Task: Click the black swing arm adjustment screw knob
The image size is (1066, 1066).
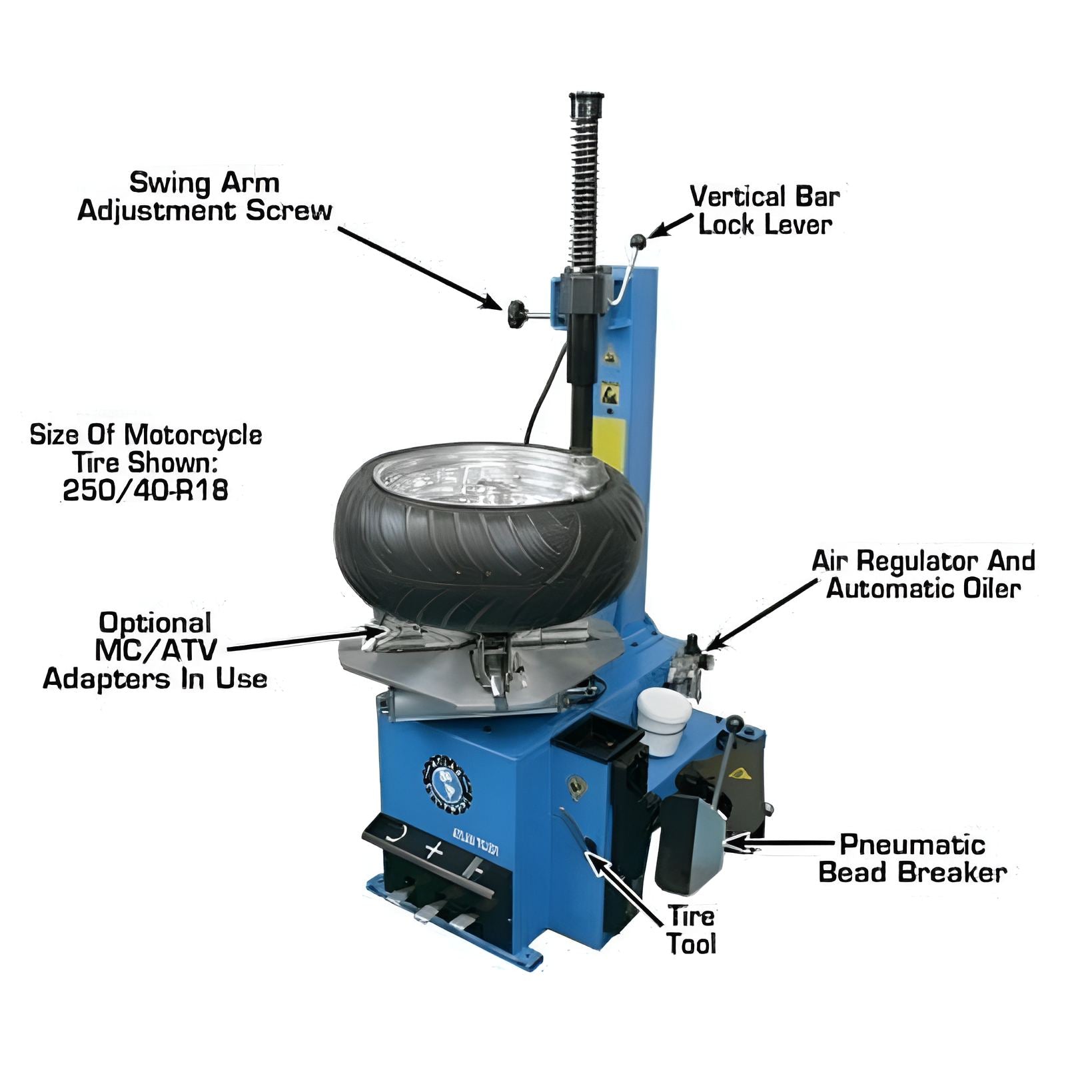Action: point(516,314)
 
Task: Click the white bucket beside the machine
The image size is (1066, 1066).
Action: point(664,720)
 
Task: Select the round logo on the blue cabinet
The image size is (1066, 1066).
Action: point(446,784)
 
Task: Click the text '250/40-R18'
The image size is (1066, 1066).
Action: point(145,490)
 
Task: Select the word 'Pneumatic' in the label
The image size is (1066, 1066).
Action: point(912,845)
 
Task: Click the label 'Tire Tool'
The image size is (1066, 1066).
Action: point(692,930)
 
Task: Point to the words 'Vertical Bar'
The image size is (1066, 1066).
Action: point(764,197)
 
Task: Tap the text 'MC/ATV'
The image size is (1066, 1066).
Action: point(156,650)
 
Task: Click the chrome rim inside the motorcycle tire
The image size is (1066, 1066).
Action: point(486,474)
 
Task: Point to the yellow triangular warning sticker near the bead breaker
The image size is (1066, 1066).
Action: point(739,774)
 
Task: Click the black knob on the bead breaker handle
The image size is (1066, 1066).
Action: point(735,723)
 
